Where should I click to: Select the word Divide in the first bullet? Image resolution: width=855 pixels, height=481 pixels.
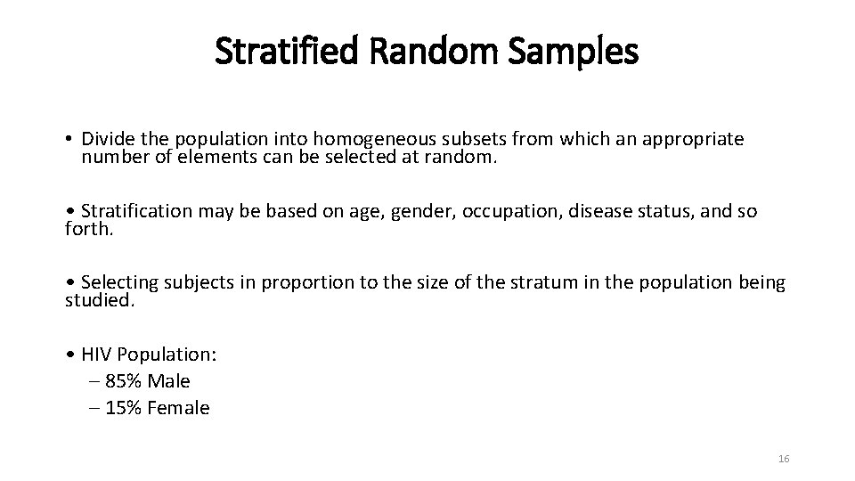[104, 140]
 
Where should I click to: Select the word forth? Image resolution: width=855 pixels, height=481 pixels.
[87, 230]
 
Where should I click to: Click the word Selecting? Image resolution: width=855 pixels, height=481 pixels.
[119, 282]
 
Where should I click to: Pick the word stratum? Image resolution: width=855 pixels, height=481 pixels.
[522, 282]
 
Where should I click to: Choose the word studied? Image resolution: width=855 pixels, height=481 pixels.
[99, 301]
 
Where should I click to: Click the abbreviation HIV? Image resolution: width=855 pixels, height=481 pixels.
[96, 354]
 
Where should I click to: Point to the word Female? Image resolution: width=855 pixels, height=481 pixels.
[180, 408]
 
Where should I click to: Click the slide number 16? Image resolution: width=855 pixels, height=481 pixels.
[784, 459]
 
